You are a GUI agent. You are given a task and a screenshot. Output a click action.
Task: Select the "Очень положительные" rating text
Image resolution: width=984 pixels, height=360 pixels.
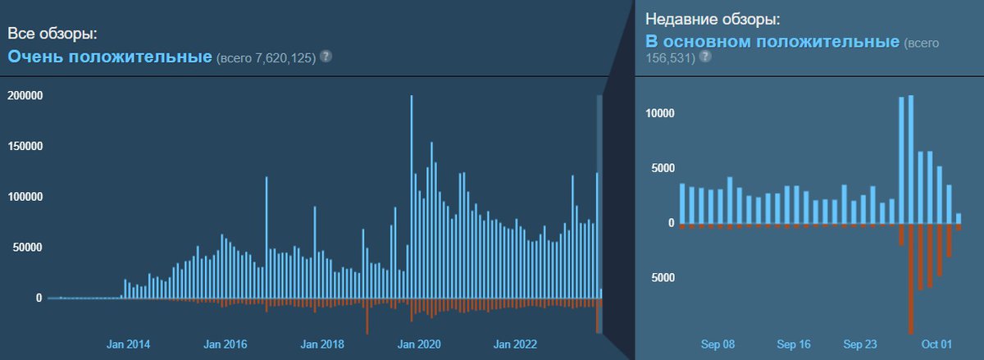(110, 57)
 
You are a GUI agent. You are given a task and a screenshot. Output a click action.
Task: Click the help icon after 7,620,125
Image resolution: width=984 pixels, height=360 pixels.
(326, 57)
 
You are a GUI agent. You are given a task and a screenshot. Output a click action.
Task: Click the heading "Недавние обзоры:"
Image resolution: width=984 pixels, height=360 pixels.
(711, 18)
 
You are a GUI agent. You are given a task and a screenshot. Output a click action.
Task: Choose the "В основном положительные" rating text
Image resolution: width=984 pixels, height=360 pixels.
(772, 41)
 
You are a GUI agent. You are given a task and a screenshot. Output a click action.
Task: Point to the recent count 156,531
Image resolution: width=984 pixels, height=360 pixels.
(670, 58)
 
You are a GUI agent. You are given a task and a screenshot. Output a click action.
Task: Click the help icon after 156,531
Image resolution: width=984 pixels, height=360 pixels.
(704, 58)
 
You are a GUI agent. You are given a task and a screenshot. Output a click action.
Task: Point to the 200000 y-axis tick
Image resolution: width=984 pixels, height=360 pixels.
(25, 96)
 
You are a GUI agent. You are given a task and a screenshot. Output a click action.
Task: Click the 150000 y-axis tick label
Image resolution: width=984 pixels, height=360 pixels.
(25, 147)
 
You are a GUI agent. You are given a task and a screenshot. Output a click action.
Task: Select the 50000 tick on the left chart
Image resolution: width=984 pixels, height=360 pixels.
(27, 248)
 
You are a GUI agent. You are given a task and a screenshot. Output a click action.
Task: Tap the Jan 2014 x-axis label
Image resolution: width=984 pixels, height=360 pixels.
(128, 344)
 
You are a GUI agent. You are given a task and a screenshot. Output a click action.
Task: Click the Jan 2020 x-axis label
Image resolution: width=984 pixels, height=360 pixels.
(419, 344)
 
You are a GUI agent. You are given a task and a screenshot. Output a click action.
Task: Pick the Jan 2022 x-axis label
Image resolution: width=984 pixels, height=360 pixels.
(516, 344)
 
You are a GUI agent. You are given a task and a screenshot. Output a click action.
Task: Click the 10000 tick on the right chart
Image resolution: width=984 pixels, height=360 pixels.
(659, 113)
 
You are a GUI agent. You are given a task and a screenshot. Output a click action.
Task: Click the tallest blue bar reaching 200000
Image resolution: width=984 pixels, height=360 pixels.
(411, 197)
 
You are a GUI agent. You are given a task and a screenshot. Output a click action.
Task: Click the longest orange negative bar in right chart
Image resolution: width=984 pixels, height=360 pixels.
(911, 279)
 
